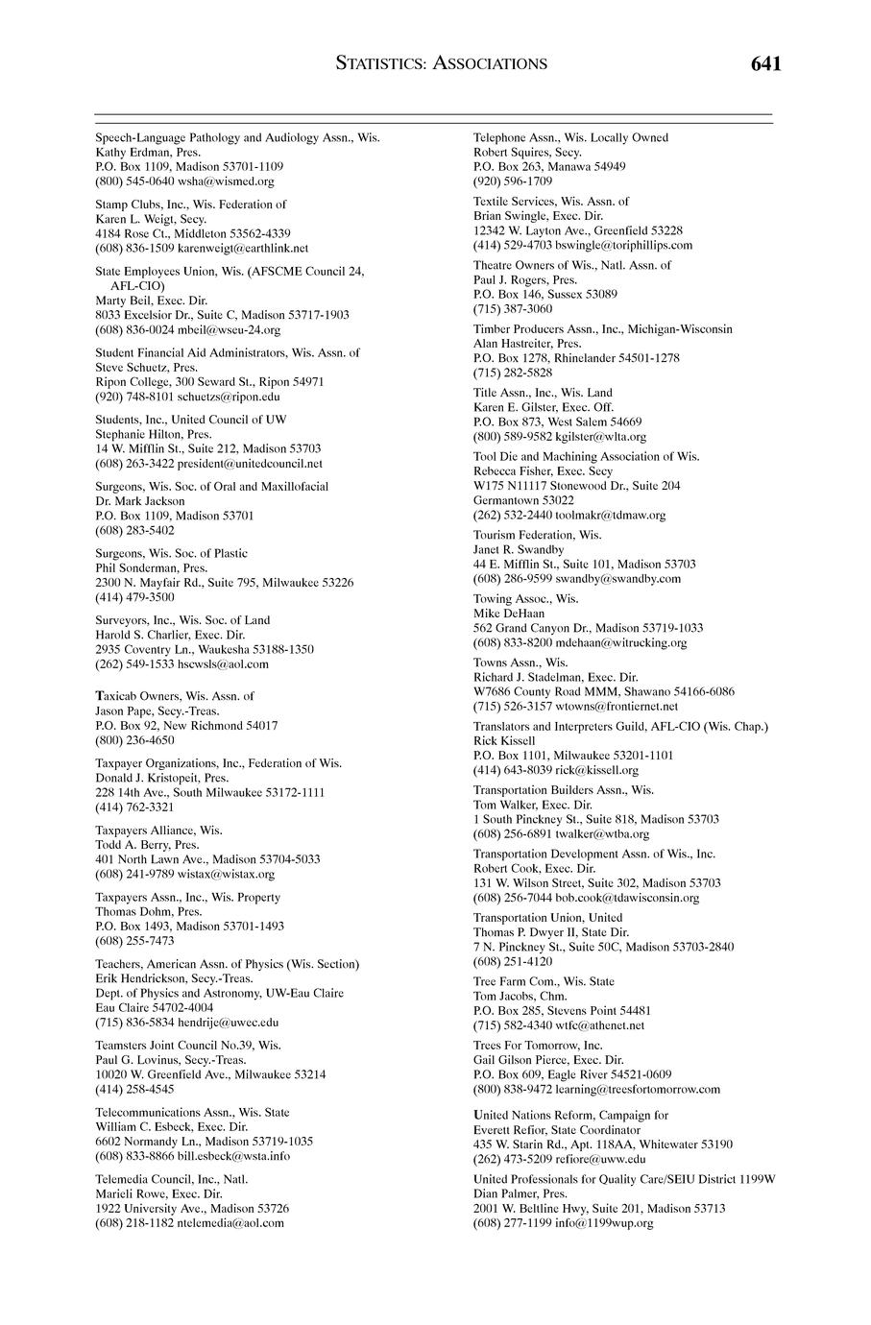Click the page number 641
[766, 63]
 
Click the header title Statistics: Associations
[442, 63]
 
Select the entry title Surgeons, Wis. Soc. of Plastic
[171, 553]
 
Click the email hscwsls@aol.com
[223, 663]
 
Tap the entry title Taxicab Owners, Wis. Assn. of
[175, 696]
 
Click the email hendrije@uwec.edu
[229, 1023]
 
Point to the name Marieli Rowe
[131, 1193]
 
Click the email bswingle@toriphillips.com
[623, 245]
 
